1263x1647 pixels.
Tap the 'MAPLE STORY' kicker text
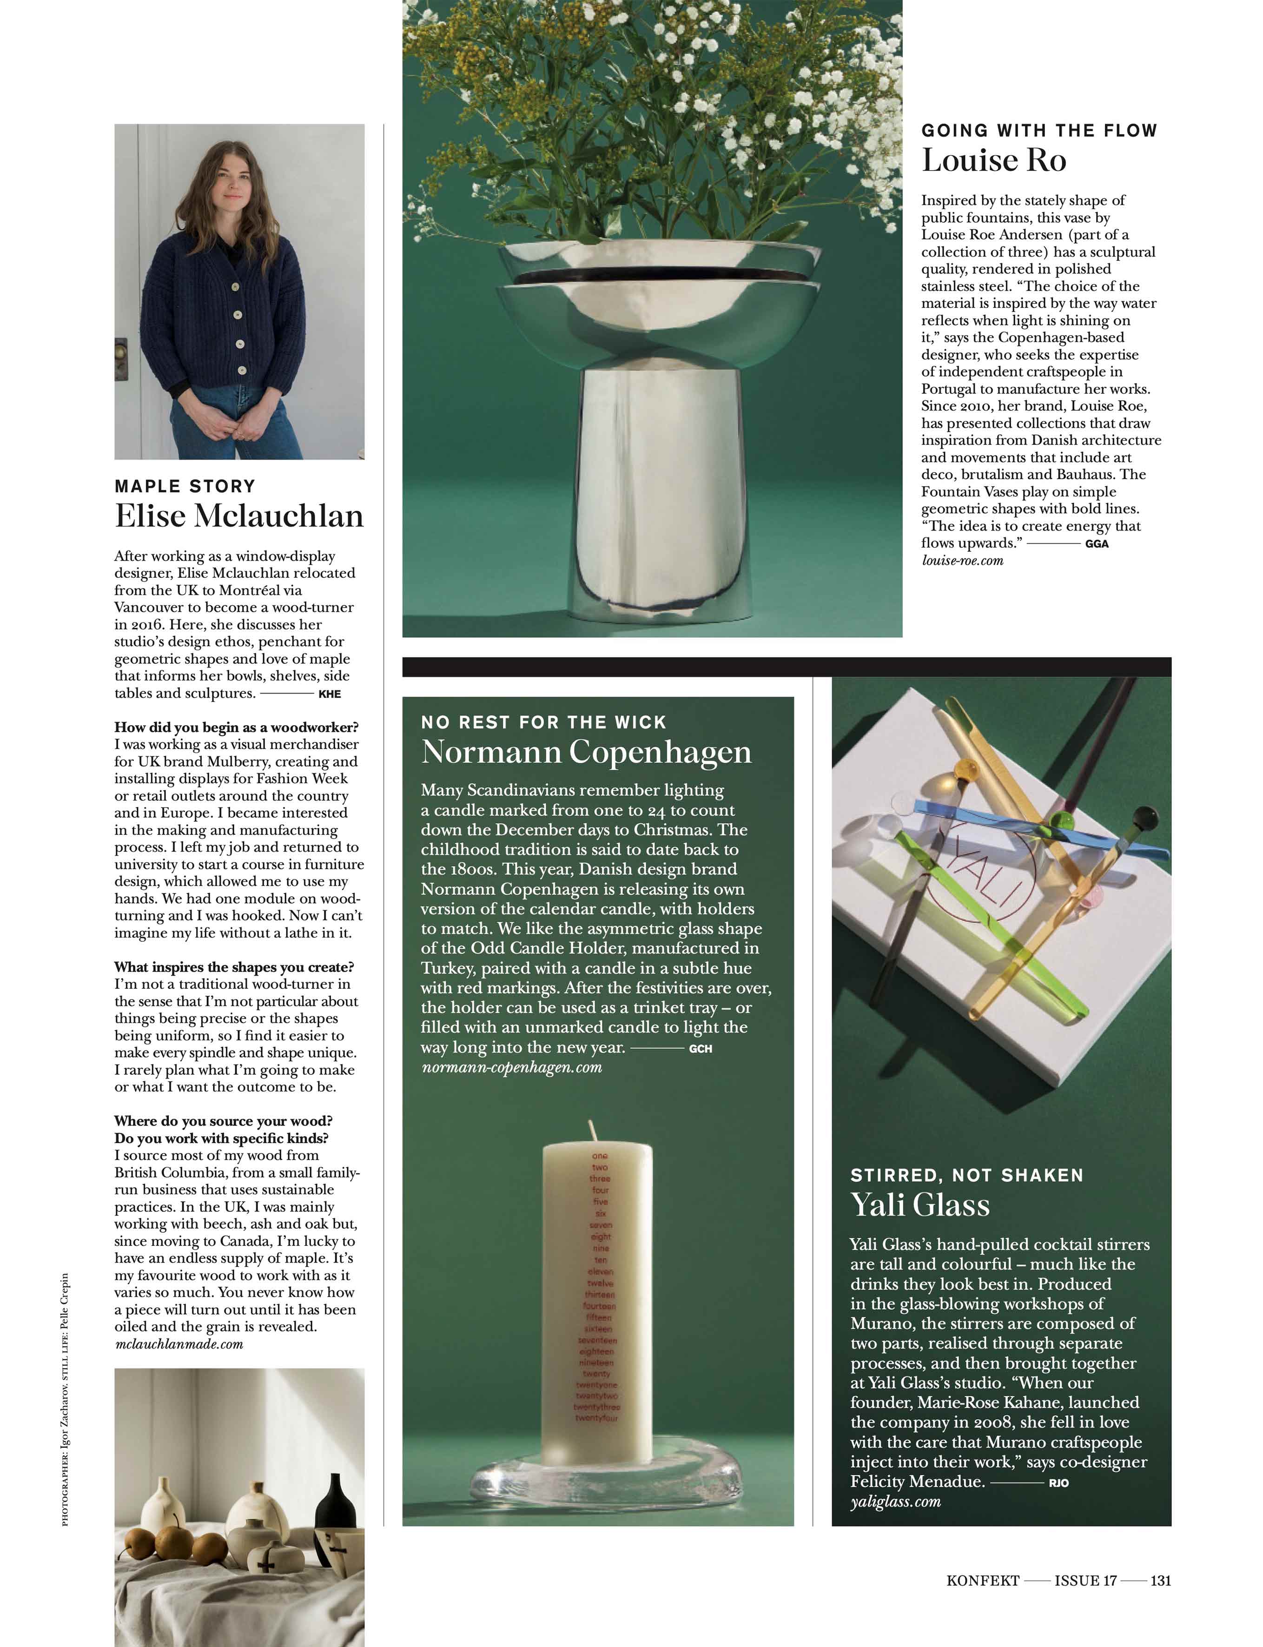coord(185,486)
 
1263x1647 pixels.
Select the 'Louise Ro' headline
coord(994,160)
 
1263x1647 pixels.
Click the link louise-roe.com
coord(962,560)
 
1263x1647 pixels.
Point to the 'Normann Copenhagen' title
coord(586,752)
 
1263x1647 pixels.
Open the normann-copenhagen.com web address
coord(512,1067)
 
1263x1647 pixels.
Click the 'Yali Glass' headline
coord(920,1204)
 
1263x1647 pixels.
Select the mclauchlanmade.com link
coord(179,1343)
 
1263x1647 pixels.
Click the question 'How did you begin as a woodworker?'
coord(236,727)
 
